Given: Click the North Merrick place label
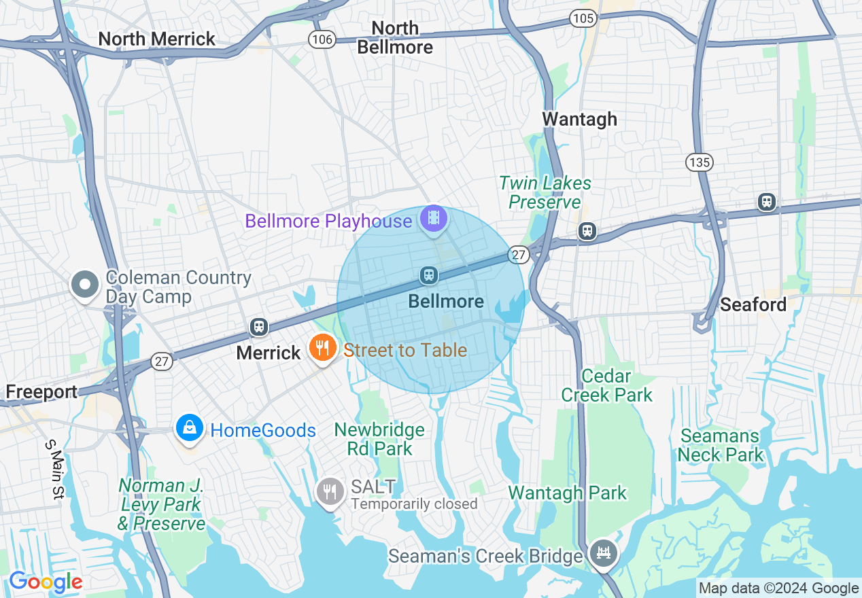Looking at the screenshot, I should tap(157, 39).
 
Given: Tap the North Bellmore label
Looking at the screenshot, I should tap(395, 37).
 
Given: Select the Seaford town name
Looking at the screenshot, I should tap(753, 304).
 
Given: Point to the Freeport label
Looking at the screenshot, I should tap(41, 392).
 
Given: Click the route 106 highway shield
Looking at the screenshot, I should tap(322, 39).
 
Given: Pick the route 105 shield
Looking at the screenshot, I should tap(583, 18).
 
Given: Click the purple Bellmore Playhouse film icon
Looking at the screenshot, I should tap(434, 219).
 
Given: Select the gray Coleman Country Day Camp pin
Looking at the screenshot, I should tap(85, 285).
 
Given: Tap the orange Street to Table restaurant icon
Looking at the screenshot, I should tap(323, 348).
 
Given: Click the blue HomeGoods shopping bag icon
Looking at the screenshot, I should tap(190, 428).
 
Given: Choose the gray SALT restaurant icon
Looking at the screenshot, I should tap(330, 491).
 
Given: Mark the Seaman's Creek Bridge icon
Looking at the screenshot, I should tap(602, 553).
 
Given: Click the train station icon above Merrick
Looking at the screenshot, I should tap(258, 327).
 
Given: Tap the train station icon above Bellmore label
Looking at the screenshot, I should tap(429, 275).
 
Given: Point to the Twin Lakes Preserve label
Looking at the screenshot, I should tap(545, 192).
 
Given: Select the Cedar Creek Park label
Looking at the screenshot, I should tap(607, 385).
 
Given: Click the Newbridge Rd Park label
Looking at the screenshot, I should tap(379, 439).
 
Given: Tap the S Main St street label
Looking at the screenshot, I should tap(54, 470).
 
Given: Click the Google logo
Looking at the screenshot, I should tap(46, 582).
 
